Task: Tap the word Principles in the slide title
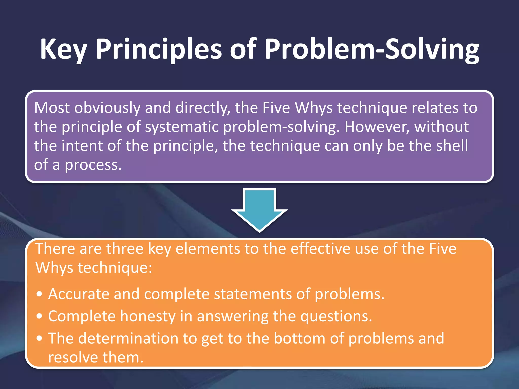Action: (x=159, y=49)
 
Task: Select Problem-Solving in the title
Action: (x=372, y=49)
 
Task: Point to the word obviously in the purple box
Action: (x=107, y=108)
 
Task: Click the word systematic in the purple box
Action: (x=181, y=127)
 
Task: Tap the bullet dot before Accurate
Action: (x=39, y=294)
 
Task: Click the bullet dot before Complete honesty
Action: (x=39, y=316)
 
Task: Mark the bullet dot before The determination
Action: (x=39, y=339)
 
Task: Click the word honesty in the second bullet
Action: (x=148, y=316)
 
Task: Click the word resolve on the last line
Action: (x=73, y=358)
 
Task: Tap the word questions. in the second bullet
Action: (x=336, y=316)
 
